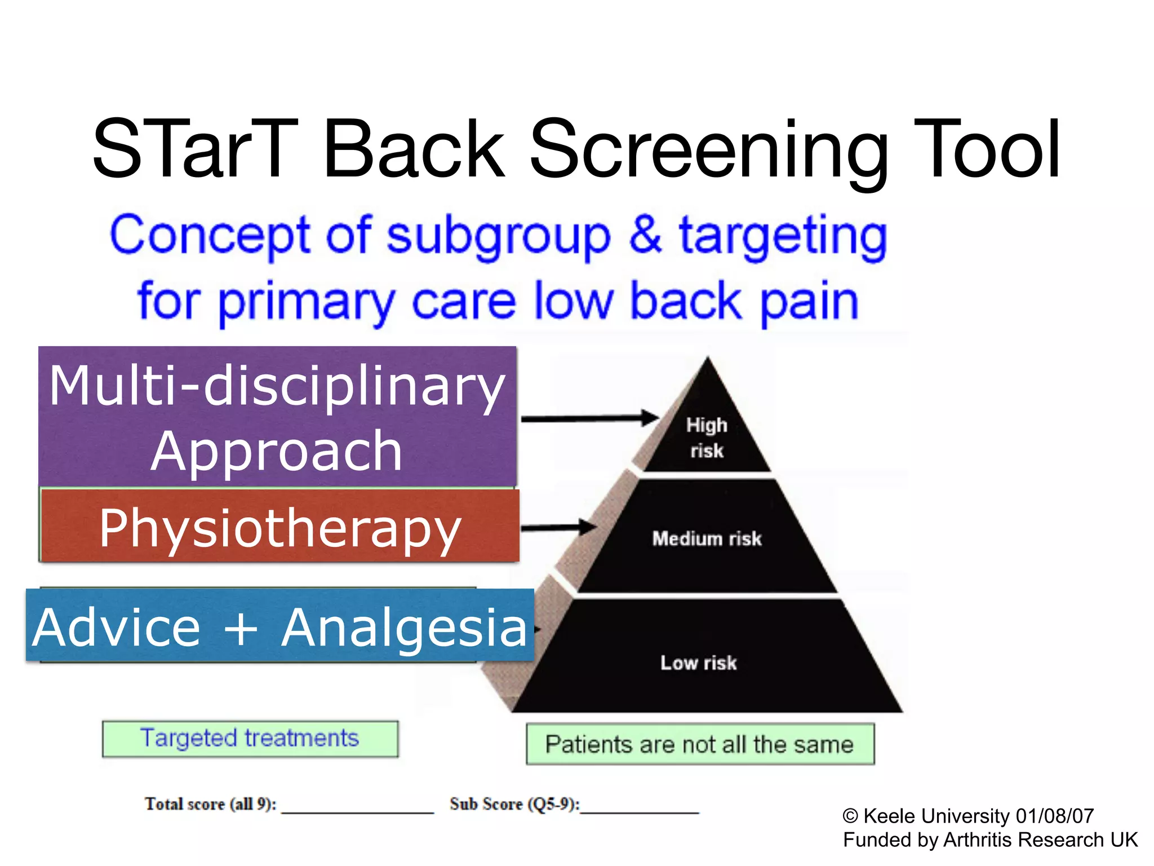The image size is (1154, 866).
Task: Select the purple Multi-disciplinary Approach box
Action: click(277, 416)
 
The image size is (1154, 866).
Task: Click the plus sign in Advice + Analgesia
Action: click(241, 628)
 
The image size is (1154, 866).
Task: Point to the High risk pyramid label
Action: click(707, 438)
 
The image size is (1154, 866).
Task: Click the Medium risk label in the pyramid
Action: click(707, 538)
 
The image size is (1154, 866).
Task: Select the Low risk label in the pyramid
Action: click(698, 662)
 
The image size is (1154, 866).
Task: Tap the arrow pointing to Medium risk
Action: click(558, 528)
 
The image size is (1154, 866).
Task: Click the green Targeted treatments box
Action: click(250, 739)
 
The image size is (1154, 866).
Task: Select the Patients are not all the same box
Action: click(699, 744)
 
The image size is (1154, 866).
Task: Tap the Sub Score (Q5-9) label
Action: click(514, 803)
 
